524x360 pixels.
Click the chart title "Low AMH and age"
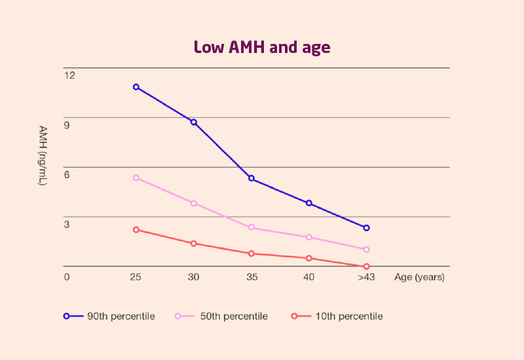pyautogui.click(x=262, y=47)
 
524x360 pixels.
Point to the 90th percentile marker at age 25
pyautogui.click(x=136, y=87)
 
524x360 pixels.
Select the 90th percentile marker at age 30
pyautogui.click(x=194, y=122)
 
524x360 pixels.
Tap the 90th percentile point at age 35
pyautogui.click(x=252, y=179)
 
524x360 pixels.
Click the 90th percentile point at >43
pyautogui.click(x=367, y=228)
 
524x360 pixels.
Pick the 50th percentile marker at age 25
pyautogui.click(x=136, y=178)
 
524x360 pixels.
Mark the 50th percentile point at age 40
pyautogui.click(x=309, y=237)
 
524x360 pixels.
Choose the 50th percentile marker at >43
pyautogui.click(x=367, y=249)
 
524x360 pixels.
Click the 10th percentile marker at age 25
pyautogui.click(x=136, y=230)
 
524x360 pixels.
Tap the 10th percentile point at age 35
pyautogui.click(x=252, y=253)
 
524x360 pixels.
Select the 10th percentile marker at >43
pyautogui.click(x=367, y=266)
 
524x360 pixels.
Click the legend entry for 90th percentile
pyautogui.click(x=109, y=316)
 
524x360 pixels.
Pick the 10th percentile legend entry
pyautogui.click(x=337, y=316)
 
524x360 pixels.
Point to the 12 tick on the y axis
pyautogui.click(x=69, y=75)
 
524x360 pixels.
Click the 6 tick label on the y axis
pyautogui.click(x=67, y=174)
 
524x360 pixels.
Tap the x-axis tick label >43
pyautogui.click(x=366, y=278)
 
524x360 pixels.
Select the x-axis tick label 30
pyautogui.click(x=194, y=278)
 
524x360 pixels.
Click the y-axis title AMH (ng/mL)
pyautogui.click(x=43, y=154)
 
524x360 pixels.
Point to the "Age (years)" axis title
pyautogui.click(x=419, y=278)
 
